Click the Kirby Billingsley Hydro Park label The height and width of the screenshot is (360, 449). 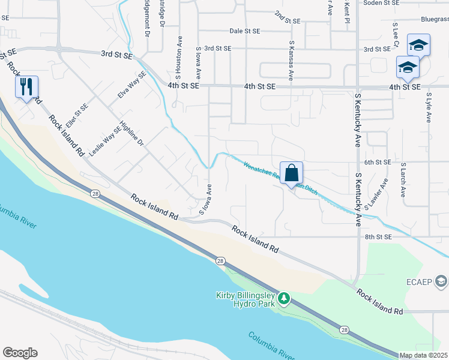[x=246, y=299]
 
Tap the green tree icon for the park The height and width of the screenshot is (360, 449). [x=286, y=298]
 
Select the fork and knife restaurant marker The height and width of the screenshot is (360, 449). [x=26, y=87]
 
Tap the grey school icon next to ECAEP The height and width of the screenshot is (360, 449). [x=442, y=281]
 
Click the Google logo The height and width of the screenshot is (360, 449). [x=20, y=353]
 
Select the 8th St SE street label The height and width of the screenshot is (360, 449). [x=378, y=237]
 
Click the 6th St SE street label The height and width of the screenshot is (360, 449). [x=378, y=162]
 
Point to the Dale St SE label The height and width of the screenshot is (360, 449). [x=245, y=31]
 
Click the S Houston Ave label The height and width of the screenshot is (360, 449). [x=178, y=57]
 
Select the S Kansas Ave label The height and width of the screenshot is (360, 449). [x=291, y=61]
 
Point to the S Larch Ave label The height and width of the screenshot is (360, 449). [x=403, y=180]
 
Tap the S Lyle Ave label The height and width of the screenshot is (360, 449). [x=429, y=107]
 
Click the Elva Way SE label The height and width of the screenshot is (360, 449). [x=132, y=86]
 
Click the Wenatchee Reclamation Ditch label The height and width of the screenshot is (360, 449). [x=280, y=176]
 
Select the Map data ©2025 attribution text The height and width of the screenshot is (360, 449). [x=424, y=355]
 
